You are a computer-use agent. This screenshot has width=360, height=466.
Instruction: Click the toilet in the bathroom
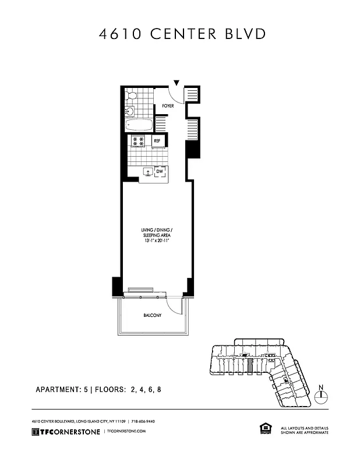click(x=132, y=95)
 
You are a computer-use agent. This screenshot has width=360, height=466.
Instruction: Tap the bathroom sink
click(x=130, y=111)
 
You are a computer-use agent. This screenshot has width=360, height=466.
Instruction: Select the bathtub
click(x=139, y=125)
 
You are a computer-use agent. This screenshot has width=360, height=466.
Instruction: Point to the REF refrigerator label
click(x=157, y=140)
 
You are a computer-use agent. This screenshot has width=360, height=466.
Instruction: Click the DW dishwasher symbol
click(x=160, y=171)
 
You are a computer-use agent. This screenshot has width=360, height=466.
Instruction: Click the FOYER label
click(x=168, y=106)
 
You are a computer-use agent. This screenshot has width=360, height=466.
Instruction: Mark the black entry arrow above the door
click(x=176, y=84)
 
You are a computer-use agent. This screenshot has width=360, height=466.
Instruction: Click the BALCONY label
click(x=152, y=316)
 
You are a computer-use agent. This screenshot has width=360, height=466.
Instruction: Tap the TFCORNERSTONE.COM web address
click(x=125, y=431)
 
